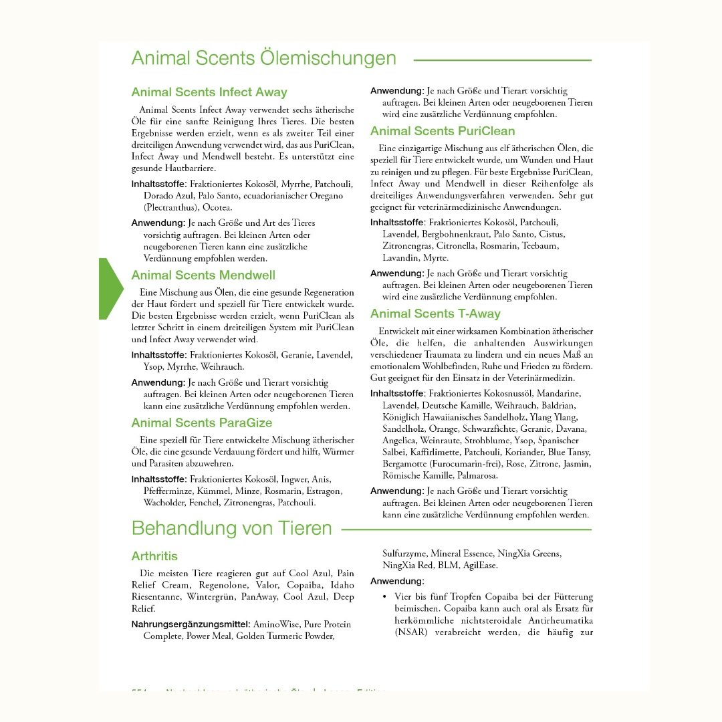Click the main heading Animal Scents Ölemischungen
263,59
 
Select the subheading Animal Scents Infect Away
209,92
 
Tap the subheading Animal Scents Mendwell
203,275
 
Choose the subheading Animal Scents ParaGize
202,423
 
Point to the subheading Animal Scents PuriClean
443,131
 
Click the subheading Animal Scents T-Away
435,314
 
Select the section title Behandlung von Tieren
231,528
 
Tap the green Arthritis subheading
154,556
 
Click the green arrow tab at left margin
110,289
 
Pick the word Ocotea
217,208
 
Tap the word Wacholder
166,503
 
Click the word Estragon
324,491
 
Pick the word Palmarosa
477,476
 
